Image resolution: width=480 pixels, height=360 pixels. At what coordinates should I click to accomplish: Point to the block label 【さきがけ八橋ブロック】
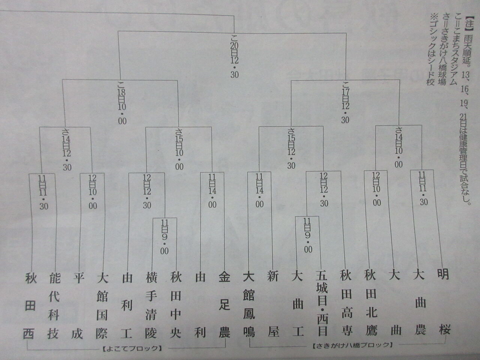point(352,344)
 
